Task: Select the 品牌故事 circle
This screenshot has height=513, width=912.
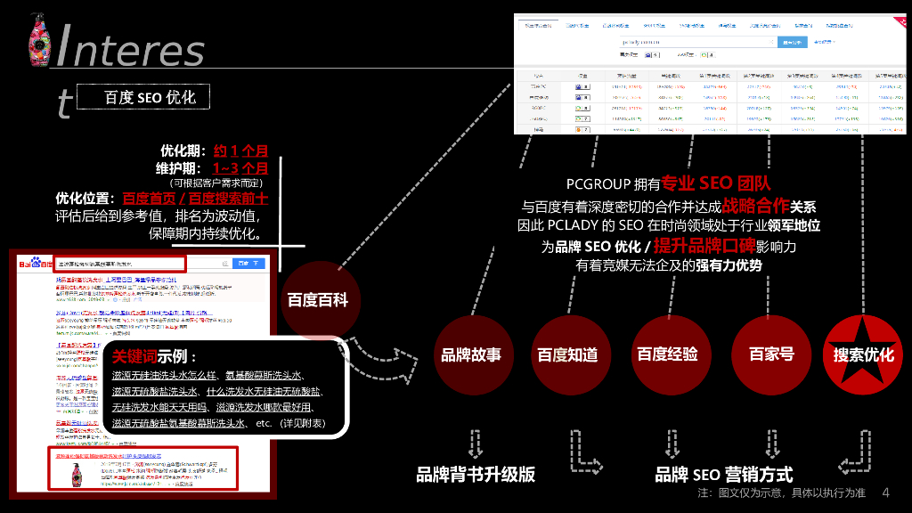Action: point(471,354)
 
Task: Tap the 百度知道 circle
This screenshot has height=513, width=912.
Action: point(570,354)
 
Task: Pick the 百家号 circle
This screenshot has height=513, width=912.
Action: point(770,354)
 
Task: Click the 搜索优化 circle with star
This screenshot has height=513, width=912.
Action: point(863,354)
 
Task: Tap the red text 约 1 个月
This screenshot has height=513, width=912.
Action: point(240,151)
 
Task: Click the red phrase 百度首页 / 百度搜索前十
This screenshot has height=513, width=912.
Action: point(195,198)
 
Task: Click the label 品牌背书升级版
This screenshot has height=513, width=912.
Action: point(476,475)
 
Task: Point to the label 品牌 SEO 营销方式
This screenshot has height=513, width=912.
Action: point(723,475)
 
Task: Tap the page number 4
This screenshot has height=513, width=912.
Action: point(885,493)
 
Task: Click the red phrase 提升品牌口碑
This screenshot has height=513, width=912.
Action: point(704,246)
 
